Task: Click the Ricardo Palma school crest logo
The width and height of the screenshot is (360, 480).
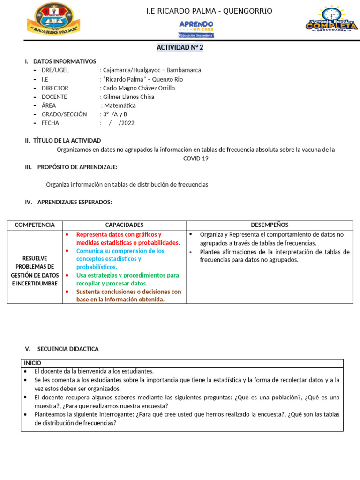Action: tap(53, 19)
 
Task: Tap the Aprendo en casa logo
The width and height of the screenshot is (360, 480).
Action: tap(196, 29)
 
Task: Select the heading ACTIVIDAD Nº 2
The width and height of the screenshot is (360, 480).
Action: tap(180, 47)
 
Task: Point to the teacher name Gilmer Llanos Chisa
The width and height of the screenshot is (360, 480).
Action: tap(128, 97)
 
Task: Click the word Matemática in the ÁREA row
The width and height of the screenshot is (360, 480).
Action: tap(120, 106)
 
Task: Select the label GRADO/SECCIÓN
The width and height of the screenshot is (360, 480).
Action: tap(64, 114)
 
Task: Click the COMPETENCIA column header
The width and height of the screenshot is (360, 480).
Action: tap(35, 225)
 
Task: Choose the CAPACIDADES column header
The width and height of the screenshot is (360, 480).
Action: tap(124, 225)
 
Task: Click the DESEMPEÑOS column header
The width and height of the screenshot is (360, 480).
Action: tap(270, 225)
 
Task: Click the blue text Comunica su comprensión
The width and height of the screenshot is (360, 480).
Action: tap(120, 251)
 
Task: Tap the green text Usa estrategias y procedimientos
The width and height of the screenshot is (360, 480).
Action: tap(127, 275)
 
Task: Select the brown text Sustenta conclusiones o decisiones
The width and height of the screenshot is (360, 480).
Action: tap(128, 292)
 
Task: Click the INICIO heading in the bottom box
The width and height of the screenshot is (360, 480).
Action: tap(32, 363)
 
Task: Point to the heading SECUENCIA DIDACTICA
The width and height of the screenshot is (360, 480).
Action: tap(68, 349)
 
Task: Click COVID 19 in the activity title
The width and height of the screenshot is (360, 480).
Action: tap(195, 158)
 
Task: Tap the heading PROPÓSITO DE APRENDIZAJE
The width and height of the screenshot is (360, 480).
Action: tap(77, 167)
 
